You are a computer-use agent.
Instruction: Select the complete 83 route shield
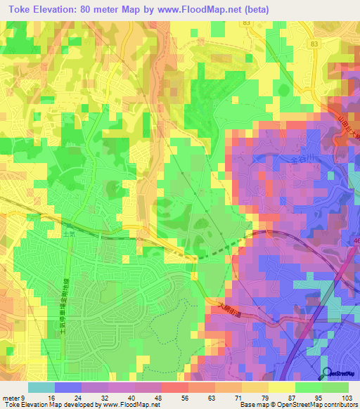(x=245, y=24)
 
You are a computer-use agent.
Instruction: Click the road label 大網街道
(x=226, y=307)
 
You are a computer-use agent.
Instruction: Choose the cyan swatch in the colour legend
(x=41, y=387)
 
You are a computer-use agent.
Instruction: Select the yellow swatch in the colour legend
(x=281, y=387)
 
